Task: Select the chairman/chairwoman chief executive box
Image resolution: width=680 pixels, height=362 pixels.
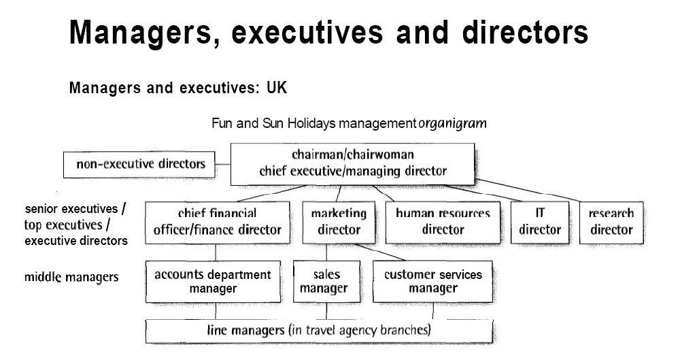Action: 352,163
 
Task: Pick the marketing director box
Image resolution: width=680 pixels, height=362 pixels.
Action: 339,222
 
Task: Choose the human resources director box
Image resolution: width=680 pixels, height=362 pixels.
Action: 442,222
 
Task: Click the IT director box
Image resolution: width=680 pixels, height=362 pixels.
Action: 539,222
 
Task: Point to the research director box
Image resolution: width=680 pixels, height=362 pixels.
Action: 611,222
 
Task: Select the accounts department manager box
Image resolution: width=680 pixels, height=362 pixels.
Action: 212,282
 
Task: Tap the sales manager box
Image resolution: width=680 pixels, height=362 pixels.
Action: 326,282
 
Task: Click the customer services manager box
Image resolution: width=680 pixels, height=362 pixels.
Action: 432,282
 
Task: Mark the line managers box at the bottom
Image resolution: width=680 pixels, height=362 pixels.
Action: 318,331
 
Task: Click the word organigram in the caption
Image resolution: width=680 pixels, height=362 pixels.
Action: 452,124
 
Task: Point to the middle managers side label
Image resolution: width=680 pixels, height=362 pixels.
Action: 71,277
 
